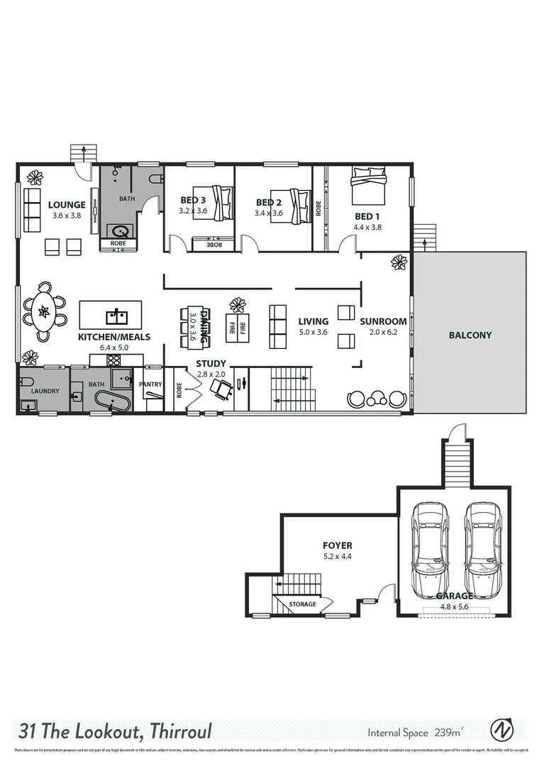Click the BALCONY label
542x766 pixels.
[x=470, y=335]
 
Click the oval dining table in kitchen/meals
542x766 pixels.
[x=44, y=311]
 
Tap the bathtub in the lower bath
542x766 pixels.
[x=111, y=402]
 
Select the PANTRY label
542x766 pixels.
[x=151, y=384]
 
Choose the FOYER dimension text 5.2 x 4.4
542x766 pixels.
[x=337, y=557]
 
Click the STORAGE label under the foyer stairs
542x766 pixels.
[x=302, y=604]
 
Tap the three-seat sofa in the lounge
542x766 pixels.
[x=33, y=206]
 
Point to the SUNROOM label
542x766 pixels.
[x=383, y=321]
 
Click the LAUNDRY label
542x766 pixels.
[x=45, y=391]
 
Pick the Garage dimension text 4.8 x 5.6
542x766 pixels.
[x=453, y=607]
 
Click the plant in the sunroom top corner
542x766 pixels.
[x=399, y=262]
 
